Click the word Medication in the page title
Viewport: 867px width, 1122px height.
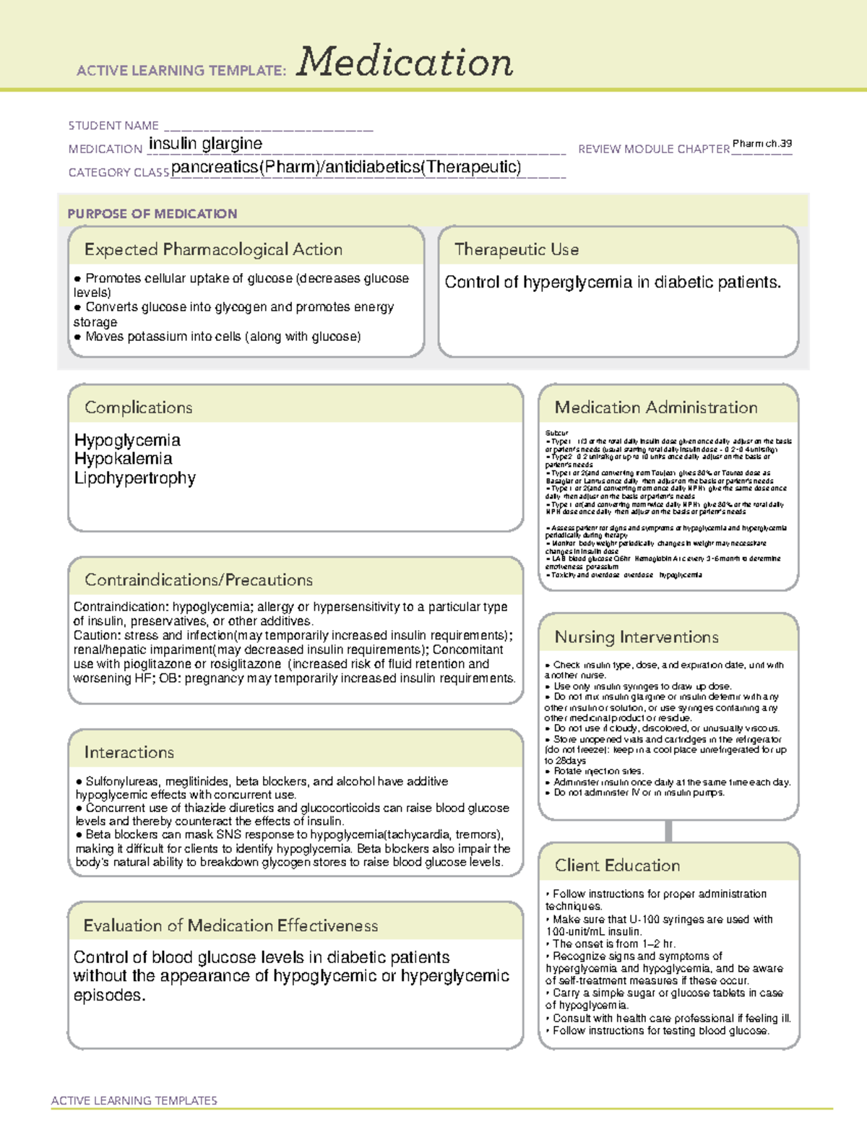tap(405, 62)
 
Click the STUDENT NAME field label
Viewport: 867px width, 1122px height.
tap(113, 126)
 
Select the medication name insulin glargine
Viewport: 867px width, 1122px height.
tap(205, 144)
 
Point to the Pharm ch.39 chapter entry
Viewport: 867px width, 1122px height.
tap(762, 144)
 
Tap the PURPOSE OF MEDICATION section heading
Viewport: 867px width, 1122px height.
tap(152, 214)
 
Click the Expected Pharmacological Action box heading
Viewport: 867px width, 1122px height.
tap(213, 250)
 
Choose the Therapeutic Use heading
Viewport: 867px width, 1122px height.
tap(517, 250)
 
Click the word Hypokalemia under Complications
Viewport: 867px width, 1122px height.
tap(123, 459)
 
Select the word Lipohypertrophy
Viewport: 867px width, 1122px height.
tap(134, 478)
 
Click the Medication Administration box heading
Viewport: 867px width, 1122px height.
tap(656, 408)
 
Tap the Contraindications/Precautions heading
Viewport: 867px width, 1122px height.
tap(199, 580)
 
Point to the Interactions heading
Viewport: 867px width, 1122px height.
tap(129, 753)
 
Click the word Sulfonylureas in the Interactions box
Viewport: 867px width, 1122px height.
tap(122, 782)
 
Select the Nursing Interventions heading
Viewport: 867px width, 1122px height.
tap(637, 637)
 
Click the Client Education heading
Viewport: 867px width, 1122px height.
tap(617, 866)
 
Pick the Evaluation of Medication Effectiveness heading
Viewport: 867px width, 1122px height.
tap(230, 926)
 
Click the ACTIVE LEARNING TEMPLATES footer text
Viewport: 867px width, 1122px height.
tap(134, 1100)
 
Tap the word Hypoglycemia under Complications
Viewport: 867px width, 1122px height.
tap(127, 440)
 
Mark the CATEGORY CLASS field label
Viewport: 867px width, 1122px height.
tap(118, 173)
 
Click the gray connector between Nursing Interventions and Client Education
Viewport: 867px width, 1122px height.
tap(668, 831)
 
